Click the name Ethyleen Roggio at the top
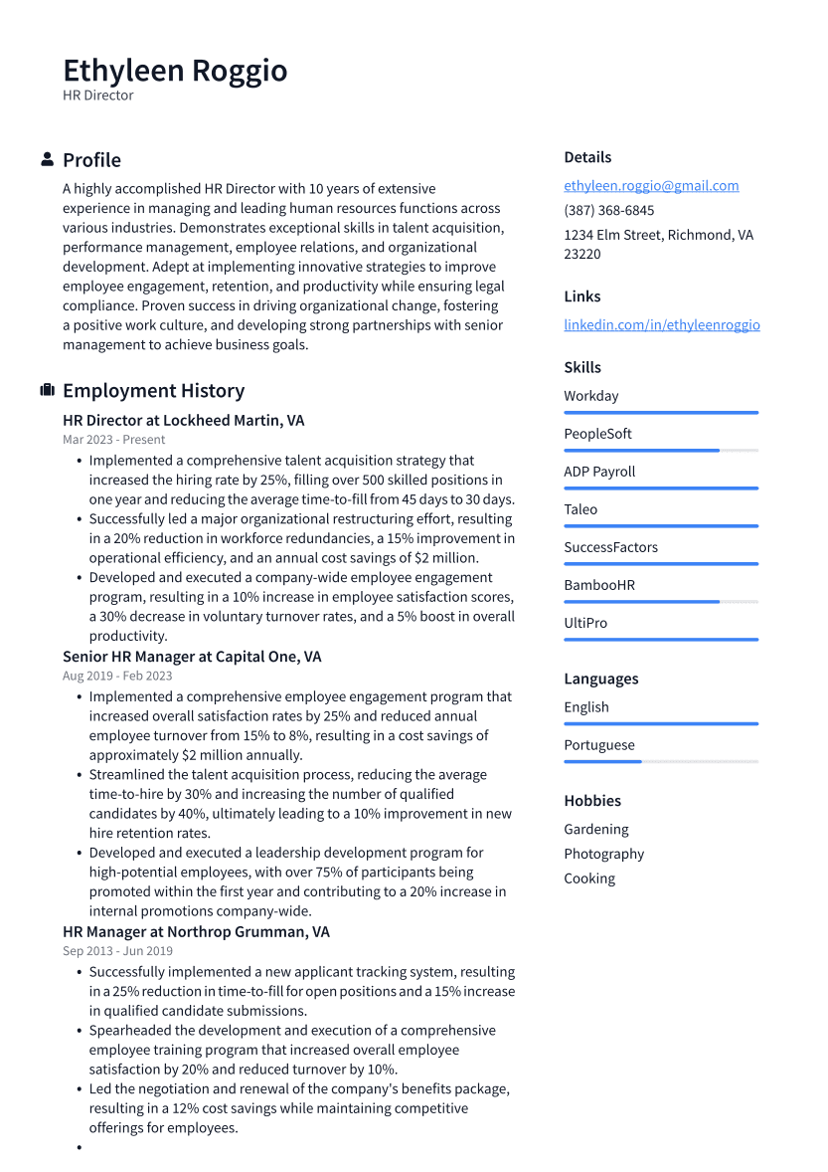(175, 71)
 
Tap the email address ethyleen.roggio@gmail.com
(651, 185)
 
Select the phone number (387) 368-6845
(608, 210)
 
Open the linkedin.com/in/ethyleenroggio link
(661, 324)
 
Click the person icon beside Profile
(47, 159)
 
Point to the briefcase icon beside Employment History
(47, 390)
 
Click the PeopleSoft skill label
(597, 434)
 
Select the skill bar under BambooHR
(660, 602)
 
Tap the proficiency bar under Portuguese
(660, 762)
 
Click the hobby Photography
(603, 854)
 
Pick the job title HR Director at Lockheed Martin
(183, 421)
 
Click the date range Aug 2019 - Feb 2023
(117, 676)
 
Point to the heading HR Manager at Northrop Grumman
(196, 932)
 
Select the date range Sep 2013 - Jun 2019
(117, 951)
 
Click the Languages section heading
(600, 679)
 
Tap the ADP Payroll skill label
(599, 472)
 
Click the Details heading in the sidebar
(587, 157)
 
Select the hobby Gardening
(596, 829)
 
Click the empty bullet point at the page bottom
(79, 1148)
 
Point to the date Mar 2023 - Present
(113, 440)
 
